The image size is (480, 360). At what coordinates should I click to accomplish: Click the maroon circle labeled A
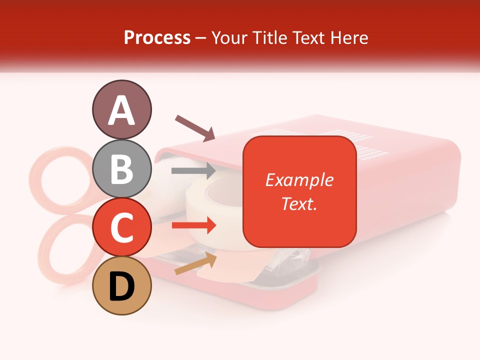click(x=121, y=110)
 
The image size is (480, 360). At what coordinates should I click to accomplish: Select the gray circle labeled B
click(x=121, y=169)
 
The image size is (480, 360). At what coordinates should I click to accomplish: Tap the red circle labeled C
click(x=121, y=227)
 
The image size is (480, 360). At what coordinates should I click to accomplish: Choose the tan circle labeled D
click(x=121, y=286)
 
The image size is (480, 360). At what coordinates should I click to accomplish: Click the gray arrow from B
click(x=193, y=170)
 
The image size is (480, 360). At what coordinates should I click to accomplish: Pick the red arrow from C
click(x=193, y=226)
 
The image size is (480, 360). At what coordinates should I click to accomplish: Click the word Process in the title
click(x=157, y=37)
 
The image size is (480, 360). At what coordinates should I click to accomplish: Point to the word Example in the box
click(x=299, y=180)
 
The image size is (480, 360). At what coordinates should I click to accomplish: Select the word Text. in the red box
click(x=299, y=203)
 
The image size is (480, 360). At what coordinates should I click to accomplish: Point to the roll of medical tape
click(x=220, y=210)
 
